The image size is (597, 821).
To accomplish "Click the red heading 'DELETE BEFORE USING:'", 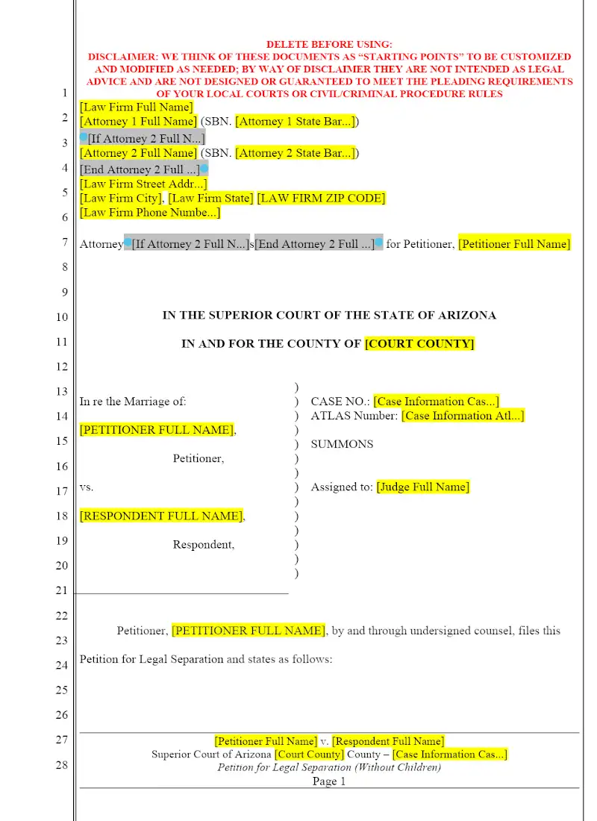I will click(x=329, y=45).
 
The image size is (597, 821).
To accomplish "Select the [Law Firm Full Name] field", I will click(x=136, y=107).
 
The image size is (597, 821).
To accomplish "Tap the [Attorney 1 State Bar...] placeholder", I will click(x=296, y=122).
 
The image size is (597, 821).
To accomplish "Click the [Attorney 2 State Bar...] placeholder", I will click(x=296, y=154).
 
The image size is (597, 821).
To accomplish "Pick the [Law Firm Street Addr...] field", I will click(x=143, y=184).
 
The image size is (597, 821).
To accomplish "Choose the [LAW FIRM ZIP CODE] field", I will click(x=321, y=199).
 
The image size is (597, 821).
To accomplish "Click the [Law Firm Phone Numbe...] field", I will click(x=150, y=213).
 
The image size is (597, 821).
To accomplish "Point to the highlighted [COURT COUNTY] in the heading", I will click(x=419, y=344).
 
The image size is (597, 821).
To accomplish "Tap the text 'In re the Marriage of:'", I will click(x=133, y=402).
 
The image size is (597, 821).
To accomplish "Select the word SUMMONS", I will click(x=342, y=444).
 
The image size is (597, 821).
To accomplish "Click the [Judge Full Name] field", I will click(x=423, y=487).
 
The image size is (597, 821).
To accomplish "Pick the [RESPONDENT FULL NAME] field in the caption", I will click(x=161, y=516).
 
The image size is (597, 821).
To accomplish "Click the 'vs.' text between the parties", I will click(x=87, y=487).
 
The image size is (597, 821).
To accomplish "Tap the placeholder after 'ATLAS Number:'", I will click(x=463, y=416).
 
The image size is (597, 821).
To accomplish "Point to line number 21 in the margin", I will click(x=61, y=590).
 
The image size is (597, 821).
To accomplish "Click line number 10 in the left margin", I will click(x=61, y=317).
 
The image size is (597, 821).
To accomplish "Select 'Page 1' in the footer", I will click(x=329, y=781).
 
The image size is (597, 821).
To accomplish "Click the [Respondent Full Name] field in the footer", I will click(x=388, y=741).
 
